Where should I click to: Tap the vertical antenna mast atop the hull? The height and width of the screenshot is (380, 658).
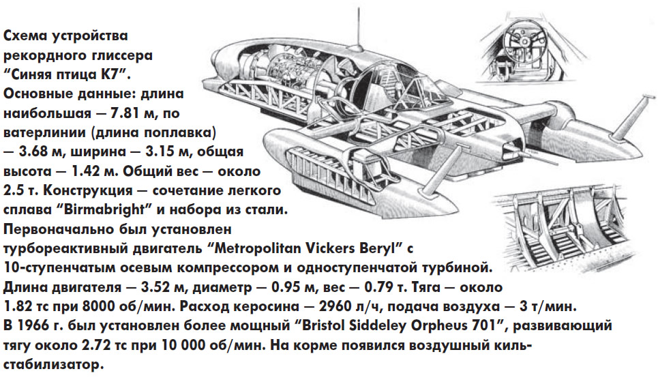(x=358, y=25)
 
